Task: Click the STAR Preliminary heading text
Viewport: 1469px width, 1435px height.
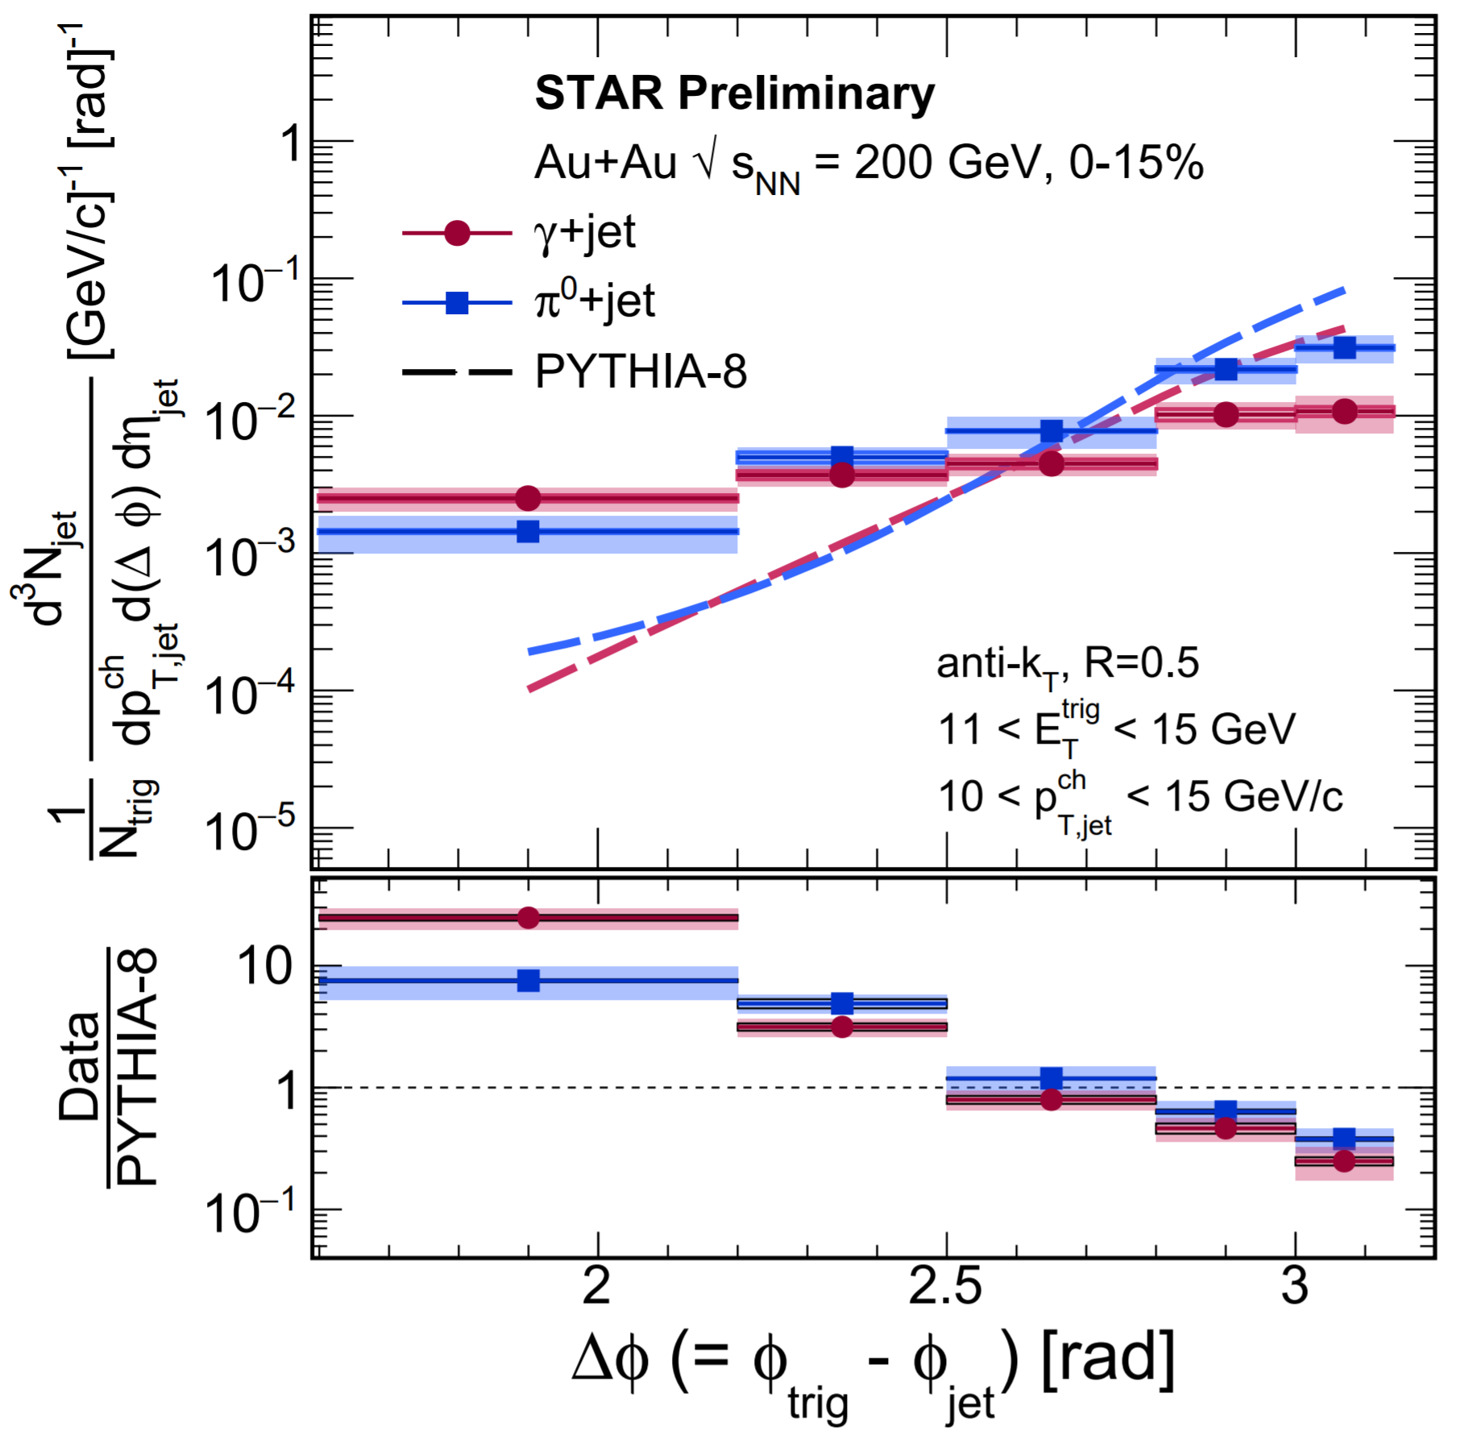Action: pyautogui.click(x=734, y=93)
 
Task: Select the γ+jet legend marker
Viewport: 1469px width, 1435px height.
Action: pyautogui.click(x=457, y=233)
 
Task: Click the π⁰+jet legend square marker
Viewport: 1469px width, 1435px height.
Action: pyautogui.click(x=457, y=303)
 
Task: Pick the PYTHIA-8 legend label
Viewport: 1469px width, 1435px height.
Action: pyautogui.click(x=641, y=372)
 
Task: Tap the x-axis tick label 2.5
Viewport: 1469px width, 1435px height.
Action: pyautogui.click(x=945, y=1287)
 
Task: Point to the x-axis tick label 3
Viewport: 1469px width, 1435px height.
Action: pyautogui.click(x=1295, y=1287)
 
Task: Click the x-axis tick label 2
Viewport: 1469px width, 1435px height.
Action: pyautogui.click(x=596, y=1287)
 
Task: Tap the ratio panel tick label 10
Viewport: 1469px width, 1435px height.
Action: pyautogui.click(x=266, y=966)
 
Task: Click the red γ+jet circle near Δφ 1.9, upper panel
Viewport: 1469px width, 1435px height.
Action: pyautogui.click(x=528, y=499)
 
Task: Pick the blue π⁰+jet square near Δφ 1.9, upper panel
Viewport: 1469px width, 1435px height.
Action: pyautogui.click(x=528, y=532)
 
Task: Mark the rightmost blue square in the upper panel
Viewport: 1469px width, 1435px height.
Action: pyautogui.click(x=1344, y=348)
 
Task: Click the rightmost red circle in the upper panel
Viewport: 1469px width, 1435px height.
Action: pyautogui.click(x=1344, y=412)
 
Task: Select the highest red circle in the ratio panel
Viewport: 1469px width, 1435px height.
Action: pyautogui.click(x=529, y=918)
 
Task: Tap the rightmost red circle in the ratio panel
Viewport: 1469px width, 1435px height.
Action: pyautogui.click(x=1344, y=1161)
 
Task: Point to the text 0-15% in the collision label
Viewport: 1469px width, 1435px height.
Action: pyautogui.click(x=1136, y=164)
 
